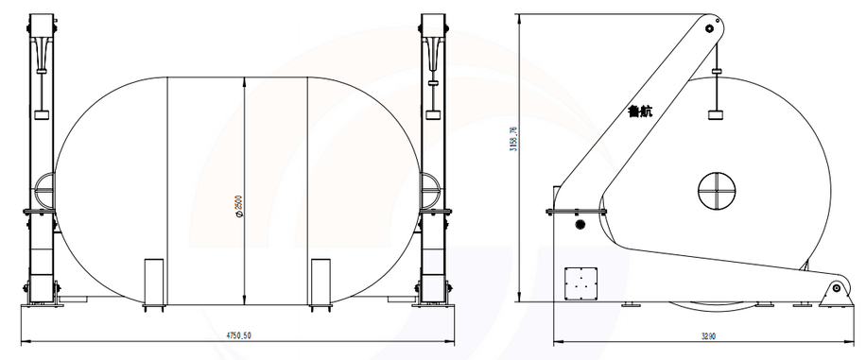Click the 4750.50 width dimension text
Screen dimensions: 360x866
click(238, 334)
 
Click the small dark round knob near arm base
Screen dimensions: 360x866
click(580, 225)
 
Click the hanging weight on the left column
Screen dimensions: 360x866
click(42, 115)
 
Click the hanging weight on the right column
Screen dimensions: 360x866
click(434, 115)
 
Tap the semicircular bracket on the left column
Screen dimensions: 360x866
click(43, 193)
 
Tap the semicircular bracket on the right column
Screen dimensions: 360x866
click(430, 193)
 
